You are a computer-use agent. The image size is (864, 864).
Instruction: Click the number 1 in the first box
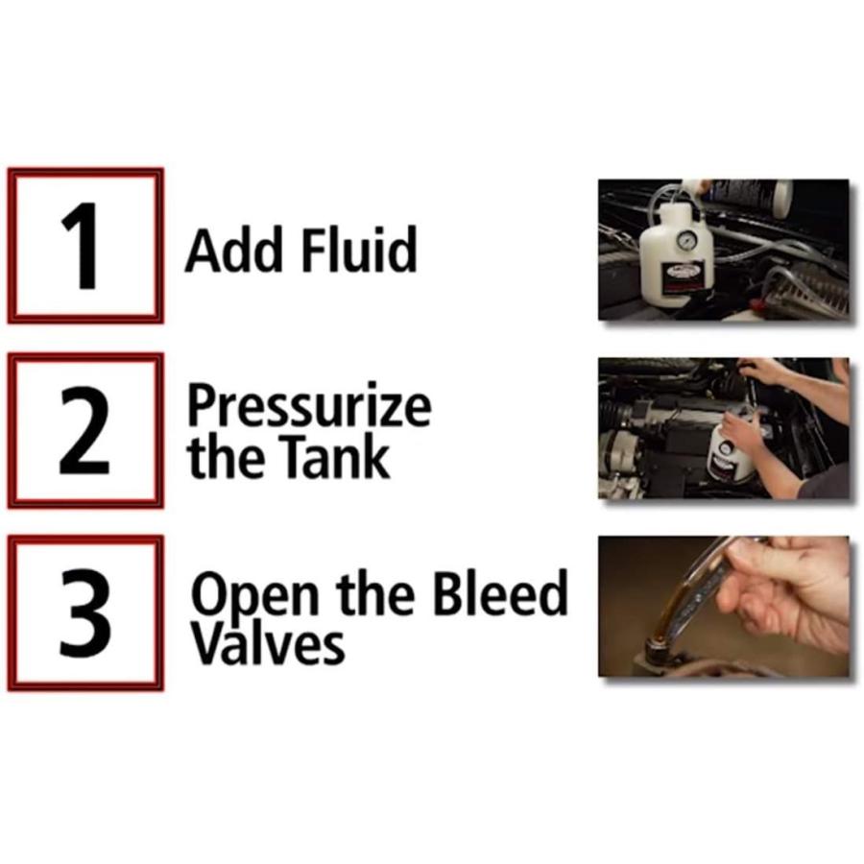pyautogui.click(x=81, y=246)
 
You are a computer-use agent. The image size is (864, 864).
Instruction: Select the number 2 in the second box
pyautogui.click(x=84, y=430)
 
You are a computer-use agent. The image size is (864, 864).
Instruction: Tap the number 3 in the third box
pyautogui.click(x=85, y=612)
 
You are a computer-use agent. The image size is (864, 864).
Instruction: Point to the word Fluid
pyautogui.click(x=359, y=249)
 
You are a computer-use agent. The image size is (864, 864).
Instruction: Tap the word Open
pyautogui.click(x=254, y=597)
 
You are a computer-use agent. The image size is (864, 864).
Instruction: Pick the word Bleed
pyautogui.click(x=500, y=592)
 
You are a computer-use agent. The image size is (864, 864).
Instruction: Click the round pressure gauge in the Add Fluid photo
pyautogui.click(x=686, y=240)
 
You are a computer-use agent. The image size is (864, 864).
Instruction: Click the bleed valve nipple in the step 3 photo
pyautogui.click(x=657, y=647)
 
